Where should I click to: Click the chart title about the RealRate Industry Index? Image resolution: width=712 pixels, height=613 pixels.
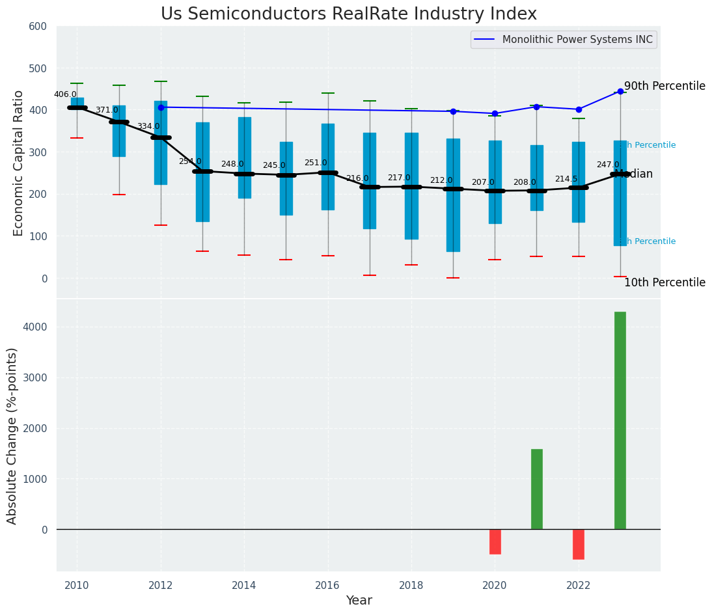[348, 14]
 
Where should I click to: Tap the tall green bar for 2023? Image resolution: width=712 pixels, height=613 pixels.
[620, 420]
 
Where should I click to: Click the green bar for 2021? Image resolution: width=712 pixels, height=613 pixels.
[536, 489]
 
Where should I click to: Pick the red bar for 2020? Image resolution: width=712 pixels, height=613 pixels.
[495, 541]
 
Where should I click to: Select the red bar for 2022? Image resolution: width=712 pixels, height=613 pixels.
[578, 544]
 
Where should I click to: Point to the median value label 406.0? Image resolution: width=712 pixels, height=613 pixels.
[65, 94]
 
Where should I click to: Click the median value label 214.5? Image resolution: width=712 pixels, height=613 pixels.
[566, 179]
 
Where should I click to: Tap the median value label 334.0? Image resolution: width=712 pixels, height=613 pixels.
[148, 126]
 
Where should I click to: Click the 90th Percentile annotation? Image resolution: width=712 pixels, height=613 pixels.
[664, 86]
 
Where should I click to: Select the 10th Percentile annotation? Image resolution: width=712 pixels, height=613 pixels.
[664, 282]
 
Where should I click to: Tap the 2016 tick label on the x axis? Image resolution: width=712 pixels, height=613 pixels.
[327, 585]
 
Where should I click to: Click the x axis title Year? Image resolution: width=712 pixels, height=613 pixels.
[359, 601]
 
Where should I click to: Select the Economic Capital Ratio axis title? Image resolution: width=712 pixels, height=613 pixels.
[19, 163]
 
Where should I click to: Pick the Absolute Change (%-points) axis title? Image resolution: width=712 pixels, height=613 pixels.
[12, 435]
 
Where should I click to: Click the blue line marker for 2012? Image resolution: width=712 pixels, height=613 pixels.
[161, 107]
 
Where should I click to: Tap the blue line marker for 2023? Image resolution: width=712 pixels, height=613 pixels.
[620, 92]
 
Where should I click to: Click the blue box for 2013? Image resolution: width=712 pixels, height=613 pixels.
[202, 172]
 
